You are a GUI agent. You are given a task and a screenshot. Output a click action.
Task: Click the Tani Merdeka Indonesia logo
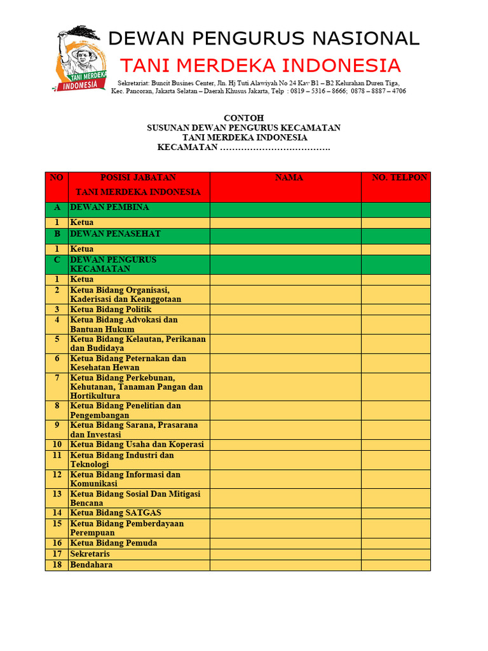81,60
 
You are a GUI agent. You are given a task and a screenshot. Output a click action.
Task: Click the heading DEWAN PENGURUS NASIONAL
264,39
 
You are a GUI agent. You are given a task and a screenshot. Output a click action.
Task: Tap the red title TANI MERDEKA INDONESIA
261,65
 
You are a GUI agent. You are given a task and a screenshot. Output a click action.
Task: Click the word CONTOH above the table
243,118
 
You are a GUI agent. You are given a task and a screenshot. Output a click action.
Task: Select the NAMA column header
289,178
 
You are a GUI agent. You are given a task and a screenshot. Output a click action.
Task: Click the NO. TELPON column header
400,178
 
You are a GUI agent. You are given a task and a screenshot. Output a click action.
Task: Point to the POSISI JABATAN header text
139,178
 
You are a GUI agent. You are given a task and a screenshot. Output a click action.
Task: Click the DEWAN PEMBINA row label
109,208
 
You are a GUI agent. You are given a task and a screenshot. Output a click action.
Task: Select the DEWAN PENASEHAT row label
115,234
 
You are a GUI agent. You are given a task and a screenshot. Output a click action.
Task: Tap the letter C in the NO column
57,260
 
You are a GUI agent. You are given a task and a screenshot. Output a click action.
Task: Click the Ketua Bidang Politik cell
111,310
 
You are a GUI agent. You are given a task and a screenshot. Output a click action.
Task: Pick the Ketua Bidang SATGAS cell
116,513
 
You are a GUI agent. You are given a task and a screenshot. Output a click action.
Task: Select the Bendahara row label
91,565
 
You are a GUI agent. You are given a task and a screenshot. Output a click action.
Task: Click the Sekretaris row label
90,554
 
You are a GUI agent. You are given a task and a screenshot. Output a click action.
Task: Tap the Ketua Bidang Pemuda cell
113,544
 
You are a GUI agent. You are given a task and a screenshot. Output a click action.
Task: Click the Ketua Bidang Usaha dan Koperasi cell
137,444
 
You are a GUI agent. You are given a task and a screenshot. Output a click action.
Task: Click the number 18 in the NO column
57,565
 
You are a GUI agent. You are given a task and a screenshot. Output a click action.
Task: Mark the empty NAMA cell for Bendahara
285,565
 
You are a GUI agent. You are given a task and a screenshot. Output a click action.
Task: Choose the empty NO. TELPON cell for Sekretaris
395,554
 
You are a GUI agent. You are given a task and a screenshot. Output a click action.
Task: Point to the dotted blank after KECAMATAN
274,148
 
